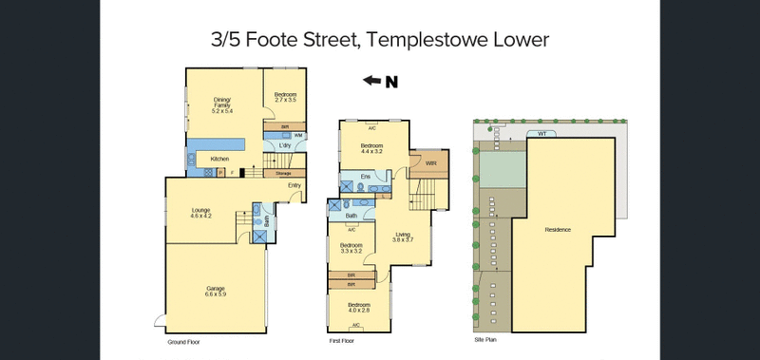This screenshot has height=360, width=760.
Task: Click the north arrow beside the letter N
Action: pos(372,81)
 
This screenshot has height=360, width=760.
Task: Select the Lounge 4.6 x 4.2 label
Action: pos(199,213)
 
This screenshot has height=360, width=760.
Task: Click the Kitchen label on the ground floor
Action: pos(219,159)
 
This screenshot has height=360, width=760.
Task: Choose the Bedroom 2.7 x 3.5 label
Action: pos(286,96)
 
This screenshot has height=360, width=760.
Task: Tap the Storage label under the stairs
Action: pos(283,174)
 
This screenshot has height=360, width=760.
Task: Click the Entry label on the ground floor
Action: pos(294,185)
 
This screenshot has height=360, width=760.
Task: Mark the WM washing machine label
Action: pos(297,136)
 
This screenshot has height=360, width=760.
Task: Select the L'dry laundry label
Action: pos(284,145)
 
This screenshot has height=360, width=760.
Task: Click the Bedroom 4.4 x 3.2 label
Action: pos(371,147)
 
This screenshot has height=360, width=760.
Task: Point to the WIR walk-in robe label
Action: pos(431,163)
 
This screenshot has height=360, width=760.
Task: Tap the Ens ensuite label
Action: pos(365,177)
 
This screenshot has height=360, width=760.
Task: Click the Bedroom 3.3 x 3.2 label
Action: pos(351,247)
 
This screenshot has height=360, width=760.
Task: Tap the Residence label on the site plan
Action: pos(558,231)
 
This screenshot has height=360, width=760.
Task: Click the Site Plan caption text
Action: pos(484,339)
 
